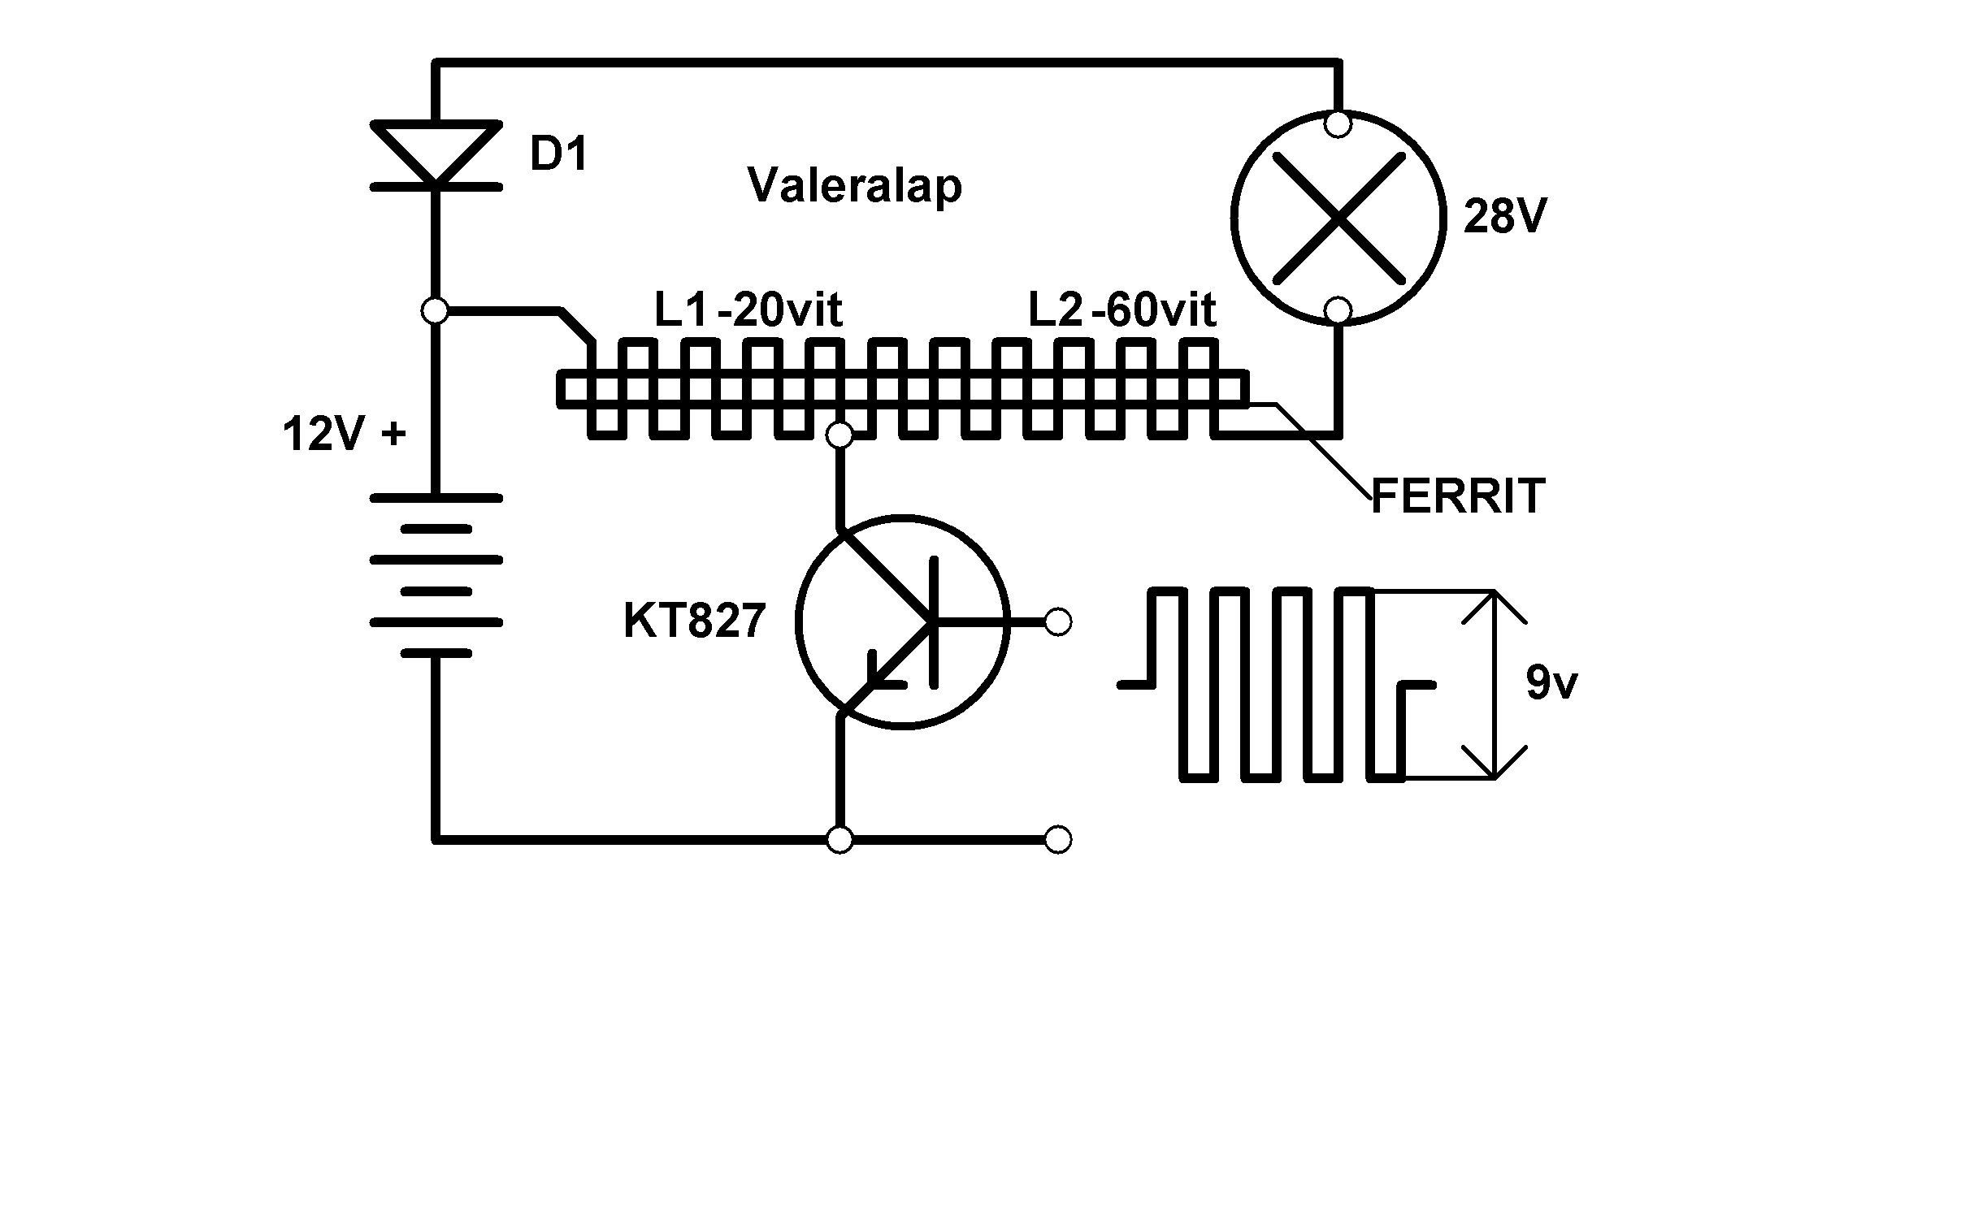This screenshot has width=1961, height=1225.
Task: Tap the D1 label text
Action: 558,154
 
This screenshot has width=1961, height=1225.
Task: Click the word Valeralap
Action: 854,186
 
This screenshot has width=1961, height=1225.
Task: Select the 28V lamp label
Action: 1504,217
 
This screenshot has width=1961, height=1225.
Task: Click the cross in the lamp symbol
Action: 1338,217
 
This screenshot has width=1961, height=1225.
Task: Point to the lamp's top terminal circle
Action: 1338,124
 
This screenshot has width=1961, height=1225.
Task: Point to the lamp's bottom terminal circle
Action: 1338,310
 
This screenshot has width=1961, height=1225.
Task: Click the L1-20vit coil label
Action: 748,309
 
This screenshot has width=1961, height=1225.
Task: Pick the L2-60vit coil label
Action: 1122,309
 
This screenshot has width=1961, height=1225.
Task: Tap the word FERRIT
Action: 1457,496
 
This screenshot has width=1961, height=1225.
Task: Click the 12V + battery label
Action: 344,435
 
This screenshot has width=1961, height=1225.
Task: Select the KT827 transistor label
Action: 694,621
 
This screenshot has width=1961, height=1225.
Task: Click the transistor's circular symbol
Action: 904,622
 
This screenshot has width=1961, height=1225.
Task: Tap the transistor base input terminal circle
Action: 1057,622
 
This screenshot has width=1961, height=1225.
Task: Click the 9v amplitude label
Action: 1551,683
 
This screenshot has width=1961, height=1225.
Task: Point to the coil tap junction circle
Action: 839,436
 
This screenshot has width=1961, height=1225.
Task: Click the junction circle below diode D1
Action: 436,310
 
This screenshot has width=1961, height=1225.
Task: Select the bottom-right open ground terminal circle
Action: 1057,839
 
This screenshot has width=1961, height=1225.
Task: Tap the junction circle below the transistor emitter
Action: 839,839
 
